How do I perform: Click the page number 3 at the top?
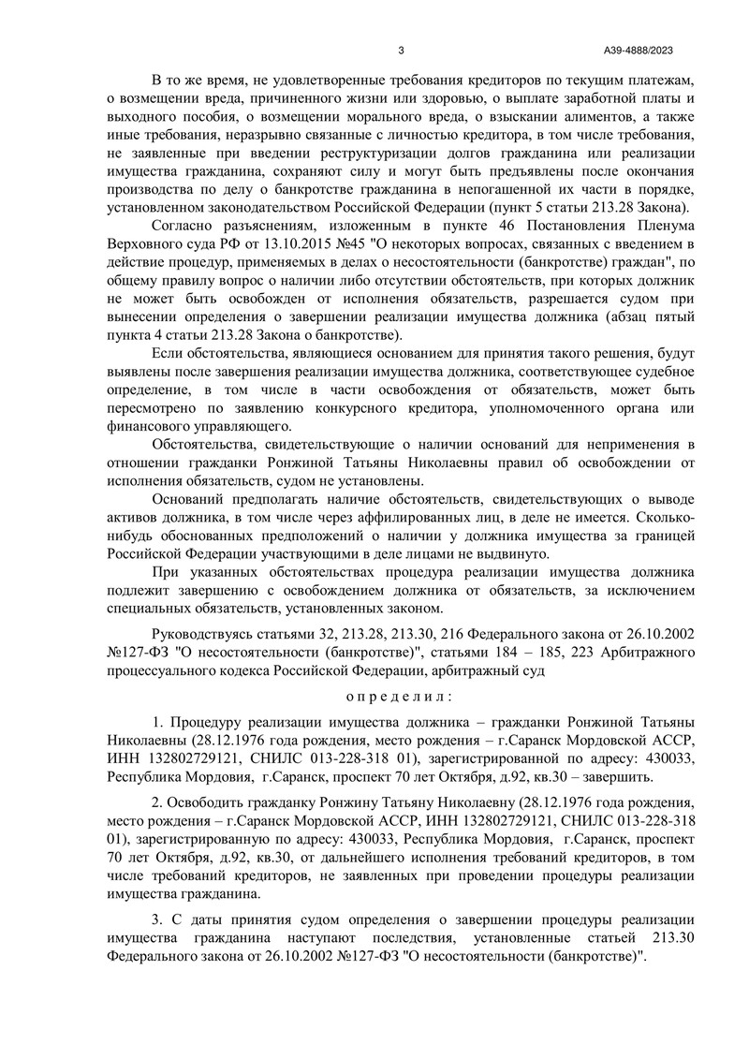click(x=401, y=51)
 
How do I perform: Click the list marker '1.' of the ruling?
click(x=157, y=728)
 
